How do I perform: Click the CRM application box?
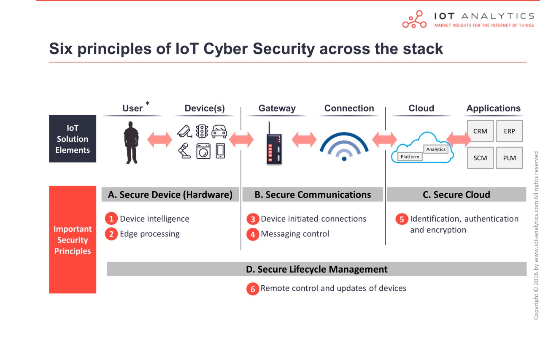tap(480, 131)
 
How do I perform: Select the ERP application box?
tap(509, 131)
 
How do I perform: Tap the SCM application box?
tap(480, 158)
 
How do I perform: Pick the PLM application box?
tap(509, 158)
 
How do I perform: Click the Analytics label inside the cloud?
tap(436, 149)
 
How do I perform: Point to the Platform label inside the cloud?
tap(410, 157)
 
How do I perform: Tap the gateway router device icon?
tap(273, 143)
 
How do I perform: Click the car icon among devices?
tap(219, 131)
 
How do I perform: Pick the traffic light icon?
tap(202, 131)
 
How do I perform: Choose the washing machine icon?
tap(203, 151)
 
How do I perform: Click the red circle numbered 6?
tap(252, 289)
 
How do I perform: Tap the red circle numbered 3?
tap(252, 219)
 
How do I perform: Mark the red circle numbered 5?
tap(402, 219)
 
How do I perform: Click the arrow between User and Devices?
tap(159, 140)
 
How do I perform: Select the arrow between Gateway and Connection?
tap(304, 140)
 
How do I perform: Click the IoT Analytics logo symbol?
tap(414, 19)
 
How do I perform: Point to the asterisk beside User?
tap(147, 104)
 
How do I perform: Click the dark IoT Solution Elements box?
tap(73, 139)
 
